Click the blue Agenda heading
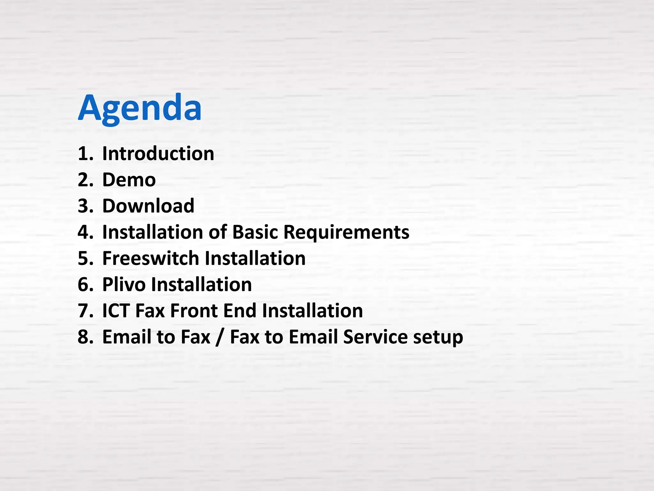click(140, 108)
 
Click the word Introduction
click(158, 154)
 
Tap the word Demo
click(129, 180)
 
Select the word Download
click(148, 206)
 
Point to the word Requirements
click(346, 232)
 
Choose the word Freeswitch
click(150, 258)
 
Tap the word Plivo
click(124, 284)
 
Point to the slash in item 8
click(219, 338)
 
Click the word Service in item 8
click(375, 337)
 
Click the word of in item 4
click(217, 232)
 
